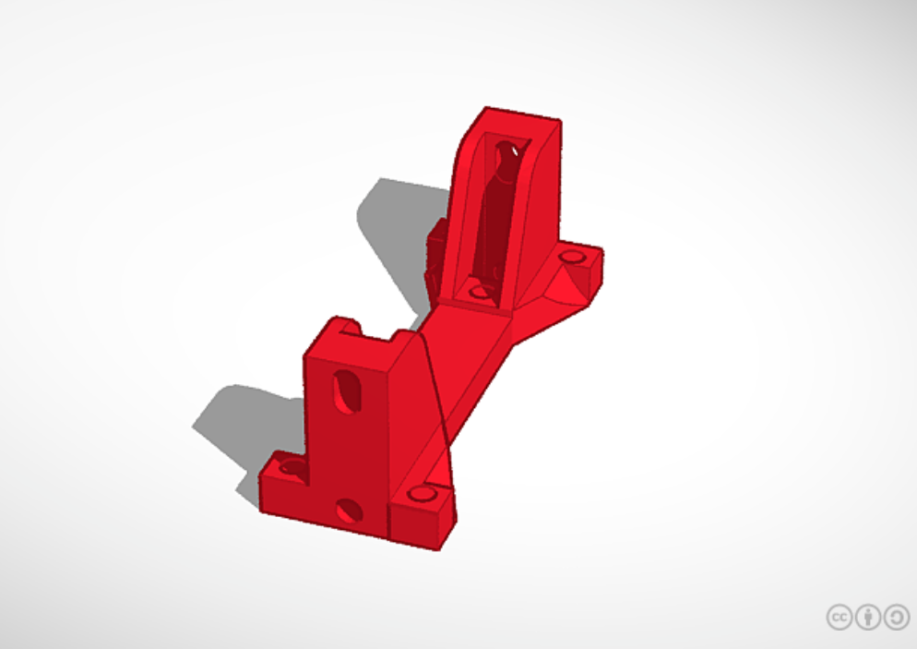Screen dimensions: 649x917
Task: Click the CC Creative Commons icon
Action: (x=839, y=617)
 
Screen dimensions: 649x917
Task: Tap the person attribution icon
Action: (x=867, y=617)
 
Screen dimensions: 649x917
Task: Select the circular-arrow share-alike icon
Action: (x=896, y=617)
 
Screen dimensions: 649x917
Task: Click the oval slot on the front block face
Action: (x=347, y=390)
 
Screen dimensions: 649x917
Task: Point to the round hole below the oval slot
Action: (x=349, y=510)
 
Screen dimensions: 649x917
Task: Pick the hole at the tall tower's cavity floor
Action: (x=480, y=292)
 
